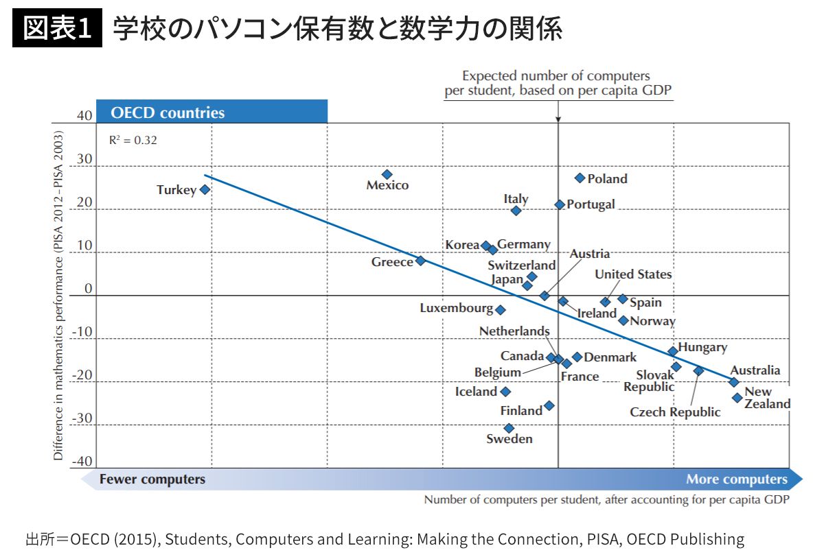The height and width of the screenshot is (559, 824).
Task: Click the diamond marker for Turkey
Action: point(205,189)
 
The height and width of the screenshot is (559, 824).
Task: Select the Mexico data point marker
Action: point(387,174)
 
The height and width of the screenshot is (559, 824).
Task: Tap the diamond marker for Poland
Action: point(580,178)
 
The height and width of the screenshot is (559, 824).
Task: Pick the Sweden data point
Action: point(509,428)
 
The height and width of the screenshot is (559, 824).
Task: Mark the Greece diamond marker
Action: point(420,261)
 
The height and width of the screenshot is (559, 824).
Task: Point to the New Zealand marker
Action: point(737,397)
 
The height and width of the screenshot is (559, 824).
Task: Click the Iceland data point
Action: point(505,392)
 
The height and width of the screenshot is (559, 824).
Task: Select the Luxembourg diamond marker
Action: point(501,309)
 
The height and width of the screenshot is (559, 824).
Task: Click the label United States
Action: point(633,274)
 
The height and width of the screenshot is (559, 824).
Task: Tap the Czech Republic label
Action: point(675,412)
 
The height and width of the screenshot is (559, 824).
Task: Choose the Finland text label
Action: point(521,411)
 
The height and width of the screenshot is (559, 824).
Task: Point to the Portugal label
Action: point(591,204)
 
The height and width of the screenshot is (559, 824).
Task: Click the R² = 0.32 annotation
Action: point(133,140)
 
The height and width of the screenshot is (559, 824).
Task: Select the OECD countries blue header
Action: point(211,112)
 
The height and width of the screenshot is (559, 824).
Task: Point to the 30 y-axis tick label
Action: point(84,159)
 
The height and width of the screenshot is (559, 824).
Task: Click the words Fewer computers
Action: point(152,479)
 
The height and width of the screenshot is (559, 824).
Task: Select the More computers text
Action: point(737,479)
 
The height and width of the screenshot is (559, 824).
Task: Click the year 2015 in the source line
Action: point(125,539)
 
